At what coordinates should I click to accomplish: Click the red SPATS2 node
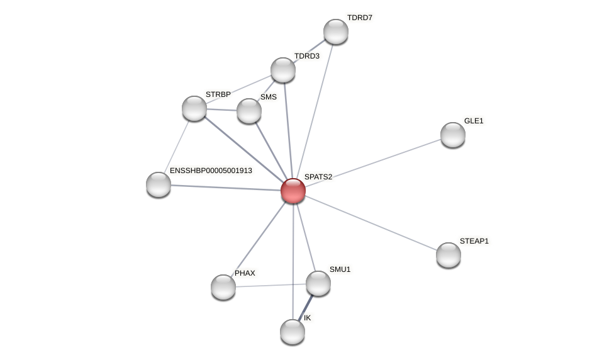(x=293, y=191)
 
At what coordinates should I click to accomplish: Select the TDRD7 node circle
(x=336, y=31)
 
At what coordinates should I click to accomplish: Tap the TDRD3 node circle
(x=283, y=70)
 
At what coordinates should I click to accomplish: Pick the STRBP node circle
(x=194, y=108)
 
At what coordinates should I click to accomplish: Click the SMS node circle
(x=249, y=111)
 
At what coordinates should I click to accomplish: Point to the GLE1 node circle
(x=453, y=135)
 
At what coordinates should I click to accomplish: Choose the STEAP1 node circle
(x=449, y=255)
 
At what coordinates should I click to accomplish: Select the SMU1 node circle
(x=318, y=283)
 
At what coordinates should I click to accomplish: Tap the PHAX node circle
(x=223, y=287)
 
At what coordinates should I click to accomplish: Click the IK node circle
(x=293, y=332)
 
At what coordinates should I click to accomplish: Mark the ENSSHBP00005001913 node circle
(x=159, y=184)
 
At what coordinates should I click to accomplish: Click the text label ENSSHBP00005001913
(x=211, y=171)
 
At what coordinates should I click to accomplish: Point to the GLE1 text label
(x=474, y=121)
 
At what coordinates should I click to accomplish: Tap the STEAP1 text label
(x=474, y=241)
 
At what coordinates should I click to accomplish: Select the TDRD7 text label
(x=360, y=18)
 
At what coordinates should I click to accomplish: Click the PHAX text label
(x=245, y=273)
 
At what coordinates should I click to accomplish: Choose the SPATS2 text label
(x=318, y=177)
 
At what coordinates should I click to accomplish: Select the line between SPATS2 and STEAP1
(x=371, y=223)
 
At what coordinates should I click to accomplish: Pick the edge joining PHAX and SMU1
(x=271, y=285)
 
